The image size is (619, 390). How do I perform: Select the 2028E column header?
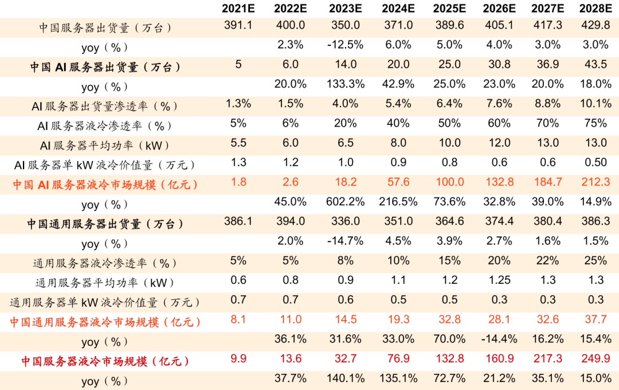tap(595, 9)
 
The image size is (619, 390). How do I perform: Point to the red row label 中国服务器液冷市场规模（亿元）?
tap(105, 361)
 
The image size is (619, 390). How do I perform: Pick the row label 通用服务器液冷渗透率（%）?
tap(105, 263)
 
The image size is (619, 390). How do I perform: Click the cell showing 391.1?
tap(238, 26)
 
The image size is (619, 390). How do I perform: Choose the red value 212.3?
tap(595, 182)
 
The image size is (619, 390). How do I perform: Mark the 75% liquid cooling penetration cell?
tap(595, 123)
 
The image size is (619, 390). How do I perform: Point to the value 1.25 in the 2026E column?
tap(497, 280)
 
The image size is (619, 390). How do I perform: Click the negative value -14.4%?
tap(497, 339)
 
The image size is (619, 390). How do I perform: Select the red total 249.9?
tap(595, 359)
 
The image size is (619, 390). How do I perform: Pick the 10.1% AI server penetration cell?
tap(595, 104)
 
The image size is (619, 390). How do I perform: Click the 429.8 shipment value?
tap(595, 26)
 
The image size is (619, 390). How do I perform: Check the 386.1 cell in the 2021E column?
tap(238, 221)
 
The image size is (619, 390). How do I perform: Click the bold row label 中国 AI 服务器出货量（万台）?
tap(105, 67)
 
